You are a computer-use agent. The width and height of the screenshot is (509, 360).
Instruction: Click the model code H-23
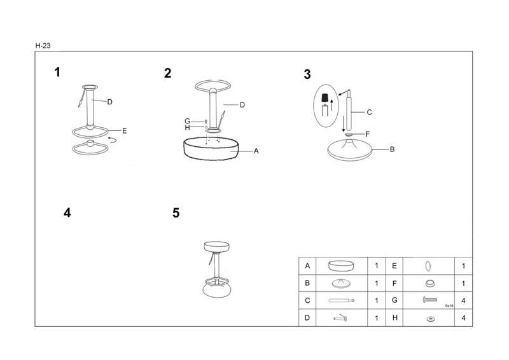point(43,46)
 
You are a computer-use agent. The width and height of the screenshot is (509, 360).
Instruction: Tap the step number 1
point(57,72)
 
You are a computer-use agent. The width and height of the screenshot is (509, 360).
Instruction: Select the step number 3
point(307,74)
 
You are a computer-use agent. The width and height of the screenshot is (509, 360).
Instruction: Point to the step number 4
point(67,212)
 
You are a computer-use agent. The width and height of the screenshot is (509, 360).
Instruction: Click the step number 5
point(176,213)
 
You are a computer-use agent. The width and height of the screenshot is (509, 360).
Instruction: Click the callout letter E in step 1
point(124,131)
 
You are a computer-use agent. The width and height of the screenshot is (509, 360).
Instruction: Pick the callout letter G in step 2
point(187,121)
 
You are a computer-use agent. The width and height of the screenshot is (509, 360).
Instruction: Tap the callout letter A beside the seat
point(256,151)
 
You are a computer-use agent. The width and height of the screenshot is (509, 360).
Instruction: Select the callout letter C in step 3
point(369,113)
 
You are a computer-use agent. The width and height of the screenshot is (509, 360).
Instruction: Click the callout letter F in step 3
point(368,134)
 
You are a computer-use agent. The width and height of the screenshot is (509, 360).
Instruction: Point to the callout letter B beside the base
point(392,149)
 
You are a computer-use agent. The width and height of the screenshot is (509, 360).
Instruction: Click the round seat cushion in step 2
point(211,148)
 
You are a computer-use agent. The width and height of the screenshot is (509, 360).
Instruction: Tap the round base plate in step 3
point(350,150)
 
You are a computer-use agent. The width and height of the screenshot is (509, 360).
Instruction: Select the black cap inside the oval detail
point(324,98)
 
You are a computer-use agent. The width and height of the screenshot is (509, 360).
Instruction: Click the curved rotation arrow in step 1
point(113,140)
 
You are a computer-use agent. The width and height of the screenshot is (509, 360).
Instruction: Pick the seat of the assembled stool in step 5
point(216,246)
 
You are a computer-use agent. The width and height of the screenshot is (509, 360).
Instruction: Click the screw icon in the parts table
point(430,300)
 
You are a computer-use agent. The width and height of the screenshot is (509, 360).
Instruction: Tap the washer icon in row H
point(431,319)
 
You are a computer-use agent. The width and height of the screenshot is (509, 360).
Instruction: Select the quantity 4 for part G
point(463,301)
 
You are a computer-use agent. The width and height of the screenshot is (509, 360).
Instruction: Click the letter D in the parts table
point(307,318)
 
